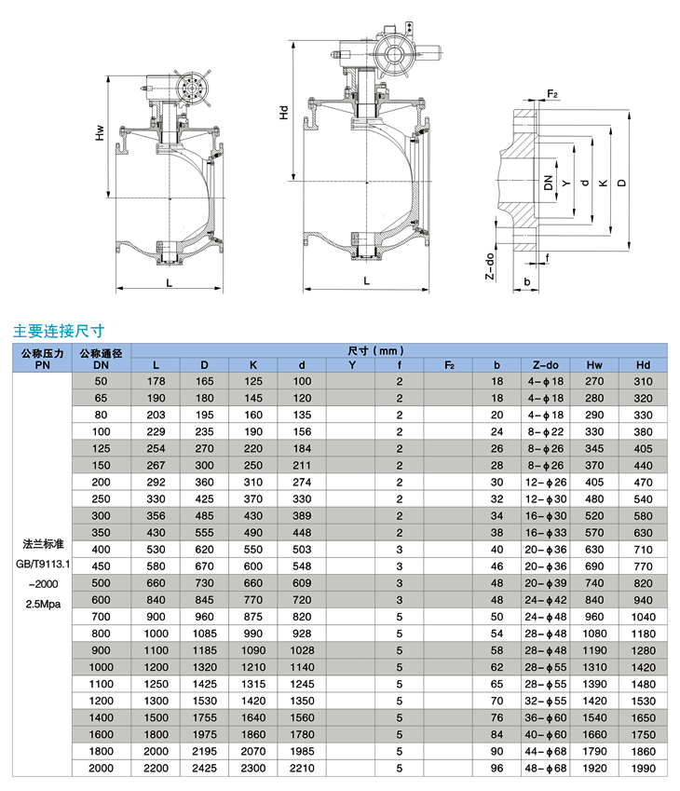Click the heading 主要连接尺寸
[x=57, y=329]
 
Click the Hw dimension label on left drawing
[x=100, y=133]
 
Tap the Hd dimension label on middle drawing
[x=284, y=114]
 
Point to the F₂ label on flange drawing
[x=552, y=94]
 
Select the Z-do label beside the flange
[x=490, y=266]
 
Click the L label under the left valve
[x=169, y=280]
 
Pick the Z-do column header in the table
[x=545, y=365]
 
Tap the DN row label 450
[x=102, y=565]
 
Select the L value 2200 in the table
[x=156, y=768]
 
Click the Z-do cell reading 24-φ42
[x=545, y=599]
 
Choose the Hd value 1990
[x=644, y=768]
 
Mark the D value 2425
[x=205, y=768]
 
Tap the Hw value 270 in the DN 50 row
[x=594, y=381]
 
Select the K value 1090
[x=253, y=649]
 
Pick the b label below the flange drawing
[x=527, y=280]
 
